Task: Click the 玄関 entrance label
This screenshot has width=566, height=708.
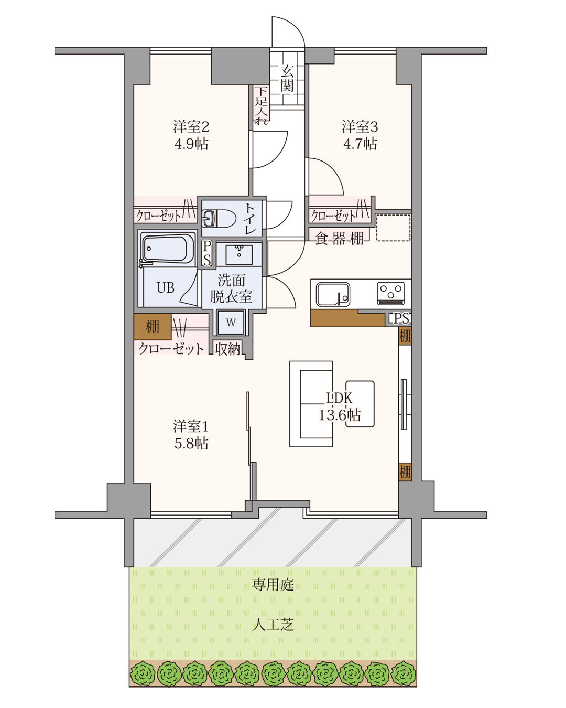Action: (x=287, y=78)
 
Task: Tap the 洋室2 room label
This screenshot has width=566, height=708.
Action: (x=191, y=126)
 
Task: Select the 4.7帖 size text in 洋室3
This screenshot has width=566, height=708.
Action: (x=360, y=144)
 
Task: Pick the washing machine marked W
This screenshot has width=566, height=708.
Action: (x=231, y=323)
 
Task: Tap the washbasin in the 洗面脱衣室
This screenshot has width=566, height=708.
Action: (x=239, y=254)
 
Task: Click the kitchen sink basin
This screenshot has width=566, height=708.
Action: (x=333, y=294)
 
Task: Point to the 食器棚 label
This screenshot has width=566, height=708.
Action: (x=339, y=239)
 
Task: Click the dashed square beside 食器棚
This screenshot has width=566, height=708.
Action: (x=393, y=228)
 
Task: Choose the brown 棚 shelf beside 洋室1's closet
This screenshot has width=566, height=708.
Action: (x=153, y=327)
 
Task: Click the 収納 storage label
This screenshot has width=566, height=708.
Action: (x=228, y=349)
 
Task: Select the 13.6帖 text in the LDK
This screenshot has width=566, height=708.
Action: (x=340, y=415)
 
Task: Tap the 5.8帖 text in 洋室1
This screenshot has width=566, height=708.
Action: (x=191, y=444)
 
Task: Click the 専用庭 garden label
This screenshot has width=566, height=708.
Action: (x=273, y=585)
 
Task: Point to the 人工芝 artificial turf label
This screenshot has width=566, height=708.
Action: (x=273, y=625)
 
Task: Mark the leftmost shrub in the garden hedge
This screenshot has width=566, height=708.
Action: (x=143, y=674)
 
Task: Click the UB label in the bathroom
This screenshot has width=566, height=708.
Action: (x=166, y=287)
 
